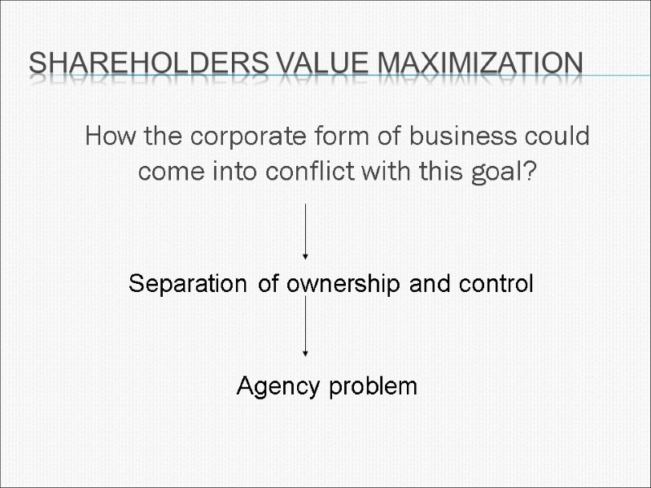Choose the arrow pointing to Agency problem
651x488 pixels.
[305, 325]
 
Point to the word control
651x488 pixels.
[497, 284]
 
